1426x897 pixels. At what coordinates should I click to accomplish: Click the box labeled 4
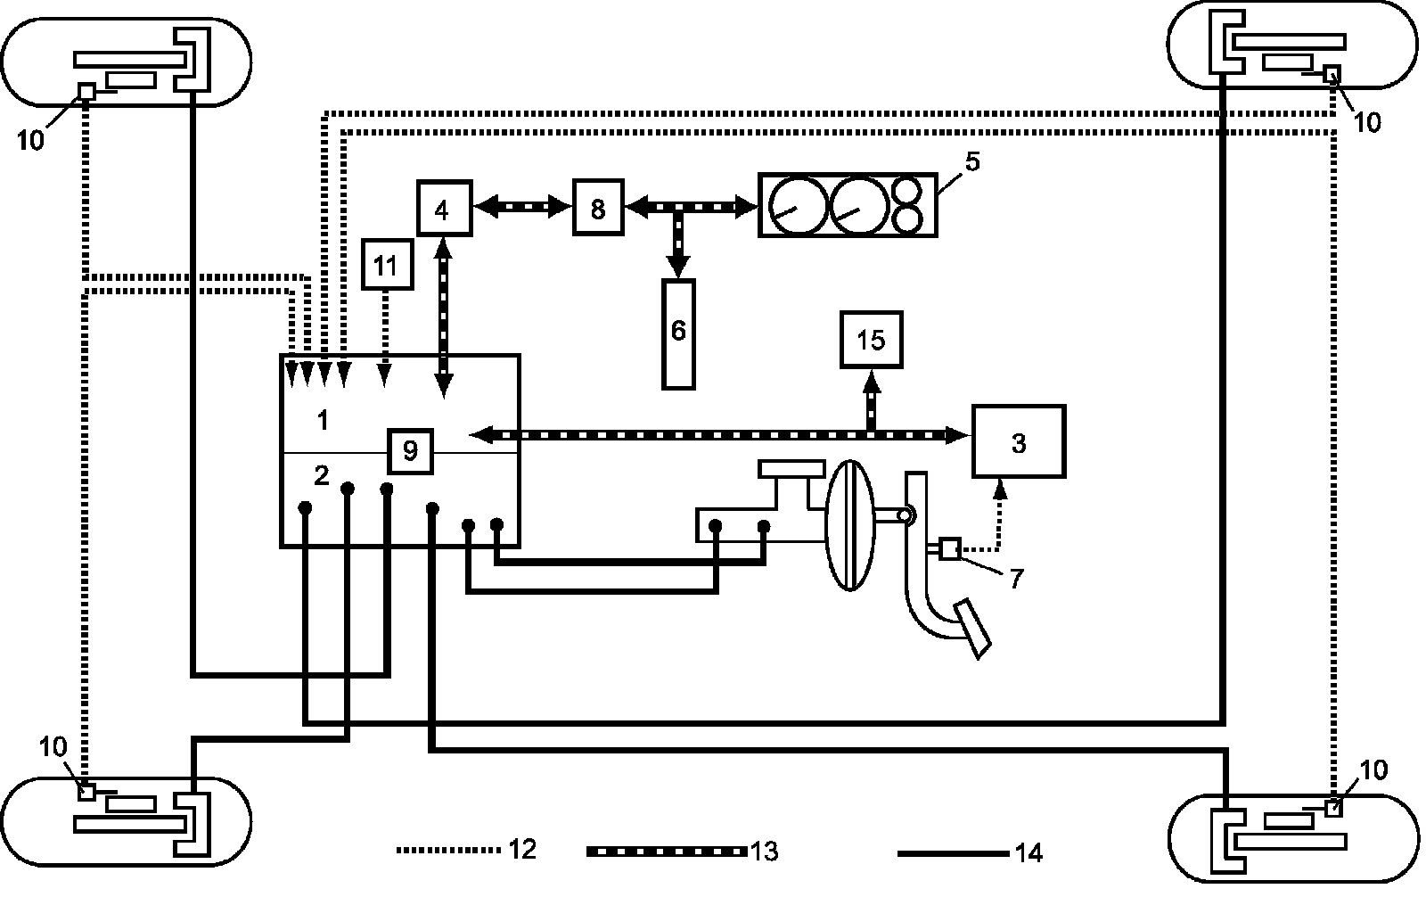[x=444, y=209]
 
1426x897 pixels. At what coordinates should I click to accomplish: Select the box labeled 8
[x=597, y=208]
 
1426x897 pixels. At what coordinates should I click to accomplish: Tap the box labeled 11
[x=386, y=265]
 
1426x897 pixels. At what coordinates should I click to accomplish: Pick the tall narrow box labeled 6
[x=678, y=333]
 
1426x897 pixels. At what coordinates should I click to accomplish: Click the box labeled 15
[x=871, y=339]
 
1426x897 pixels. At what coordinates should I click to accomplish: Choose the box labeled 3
[x=1018, y=442]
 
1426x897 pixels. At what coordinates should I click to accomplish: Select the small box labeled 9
[x=410, y=451]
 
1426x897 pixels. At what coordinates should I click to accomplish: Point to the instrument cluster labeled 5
[x=848, y=205]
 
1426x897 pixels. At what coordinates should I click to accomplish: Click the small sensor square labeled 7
[x=950, y=548]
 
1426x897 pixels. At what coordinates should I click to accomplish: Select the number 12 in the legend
[x=523, y=848]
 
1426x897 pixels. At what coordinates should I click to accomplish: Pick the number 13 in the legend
[x=764, y=851]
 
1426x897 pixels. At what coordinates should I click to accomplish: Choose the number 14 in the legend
[x=1028, y=852]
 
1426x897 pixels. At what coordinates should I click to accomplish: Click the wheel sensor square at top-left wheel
[x=86, y=91]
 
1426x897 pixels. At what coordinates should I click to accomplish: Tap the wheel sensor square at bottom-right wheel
[x=1333, y=809]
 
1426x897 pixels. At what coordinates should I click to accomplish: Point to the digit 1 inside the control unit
[x=323, y=420]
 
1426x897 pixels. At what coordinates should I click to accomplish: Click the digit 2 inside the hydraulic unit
[x=322, y=475]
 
